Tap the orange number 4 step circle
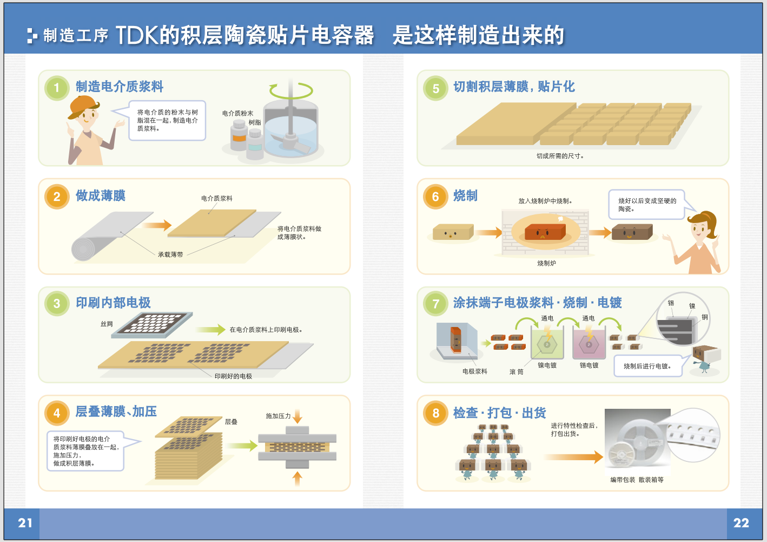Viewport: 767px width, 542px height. [57, 413]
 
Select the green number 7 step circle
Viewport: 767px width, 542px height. [435, 304]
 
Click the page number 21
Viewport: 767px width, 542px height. [25, 523]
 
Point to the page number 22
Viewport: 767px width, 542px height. [741, 523]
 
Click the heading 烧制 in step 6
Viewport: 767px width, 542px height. [465, 196]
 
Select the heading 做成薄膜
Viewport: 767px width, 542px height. [101, 195]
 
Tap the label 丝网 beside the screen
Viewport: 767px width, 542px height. [107, 324]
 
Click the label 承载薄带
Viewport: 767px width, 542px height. [170, 254]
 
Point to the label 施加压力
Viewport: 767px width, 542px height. [278, 416]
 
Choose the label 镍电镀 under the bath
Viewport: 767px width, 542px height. [547, 365]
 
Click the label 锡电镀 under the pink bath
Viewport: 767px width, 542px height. [589, 365]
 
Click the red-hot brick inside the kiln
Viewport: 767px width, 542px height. [545, 233]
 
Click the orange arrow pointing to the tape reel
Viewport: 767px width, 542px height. [573, 457]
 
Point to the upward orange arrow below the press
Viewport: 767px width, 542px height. [297, 478]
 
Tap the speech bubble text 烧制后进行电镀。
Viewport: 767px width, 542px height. [647, 366]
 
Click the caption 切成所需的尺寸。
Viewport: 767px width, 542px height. [560, 156]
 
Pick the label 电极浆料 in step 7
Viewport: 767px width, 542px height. [474, 371]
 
